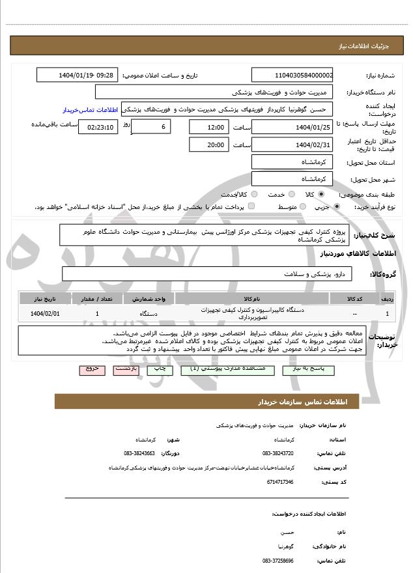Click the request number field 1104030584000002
(292, 75)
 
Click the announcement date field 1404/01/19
(77, 75)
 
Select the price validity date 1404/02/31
(292, 145)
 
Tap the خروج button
(92, 369)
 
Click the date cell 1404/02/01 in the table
(45, 313)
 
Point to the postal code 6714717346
(279, 482)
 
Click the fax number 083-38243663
(139, 453)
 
